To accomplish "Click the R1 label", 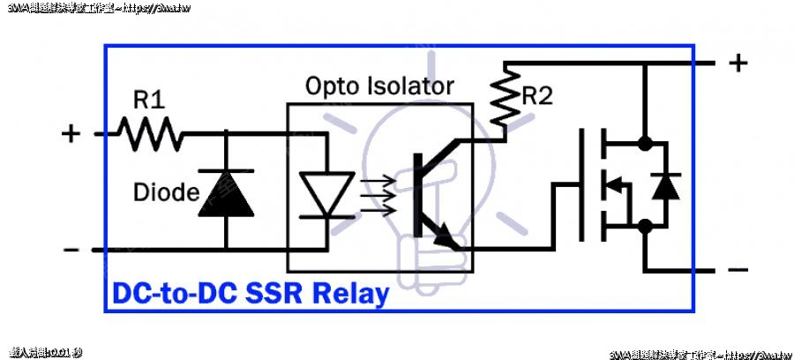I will click(149, 99).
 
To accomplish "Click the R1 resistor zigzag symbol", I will click(151, 134).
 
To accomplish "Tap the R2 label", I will click(536, 96).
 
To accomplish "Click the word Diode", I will click(167, 191).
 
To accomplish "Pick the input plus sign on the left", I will click(71, 134).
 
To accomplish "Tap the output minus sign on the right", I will click(738, 270).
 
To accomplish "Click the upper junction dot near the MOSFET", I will click(645, 141).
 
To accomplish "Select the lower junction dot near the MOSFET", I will click(645, 226).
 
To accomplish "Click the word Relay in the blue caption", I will click(351, 293).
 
